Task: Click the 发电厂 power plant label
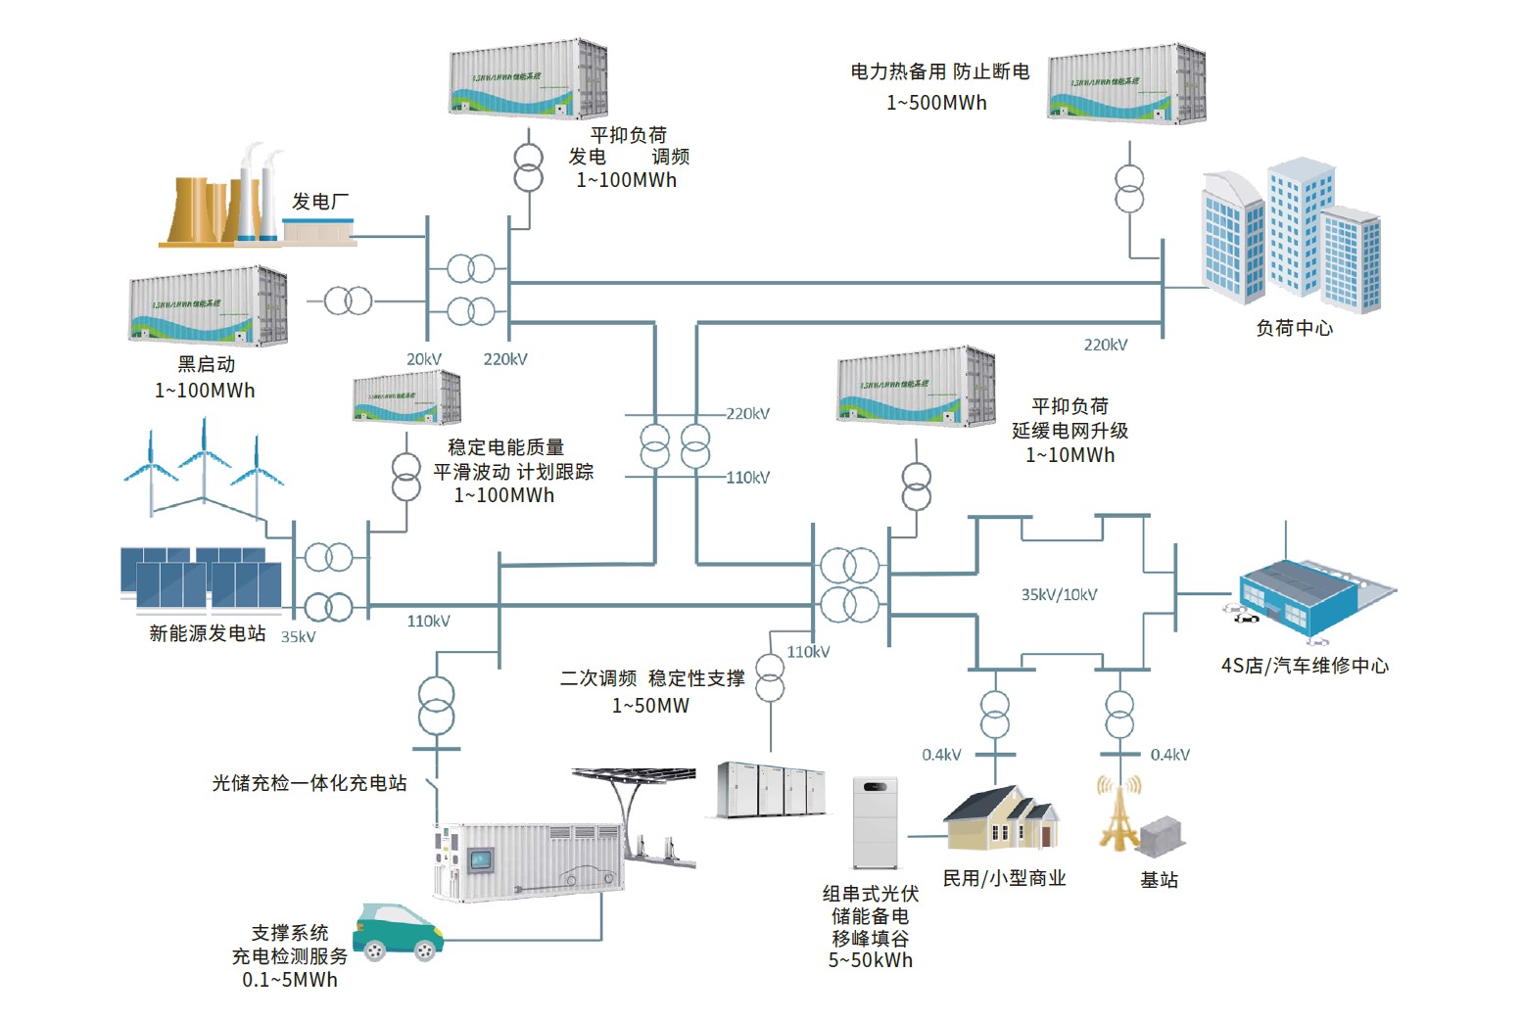pos(320,202)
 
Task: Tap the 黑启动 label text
pos(206,364)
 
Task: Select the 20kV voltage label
pos(424,359)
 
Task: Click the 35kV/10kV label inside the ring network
pos(1059,594)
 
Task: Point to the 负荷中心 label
pos(1294,328)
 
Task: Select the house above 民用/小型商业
pos(1002,818)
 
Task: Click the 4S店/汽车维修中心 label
pos(1304,666)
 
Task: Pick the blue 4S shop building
pos(1303,592)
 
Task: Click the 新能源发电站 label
pos(207,633)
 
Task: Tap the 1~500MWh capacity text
pos(936,103)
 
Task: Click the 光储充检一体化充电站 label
pos(309,783)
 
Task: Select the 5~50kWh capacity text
pos(870,960)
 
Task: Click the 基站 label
pos(1159,880)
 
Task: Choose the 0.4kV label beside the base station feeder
pos(1169,755)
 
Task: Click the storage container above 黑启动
pos(208,305)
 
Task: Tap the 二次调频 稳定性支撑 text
pos(651,678)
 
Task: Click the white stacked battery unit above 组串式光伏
pos(875,823)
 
